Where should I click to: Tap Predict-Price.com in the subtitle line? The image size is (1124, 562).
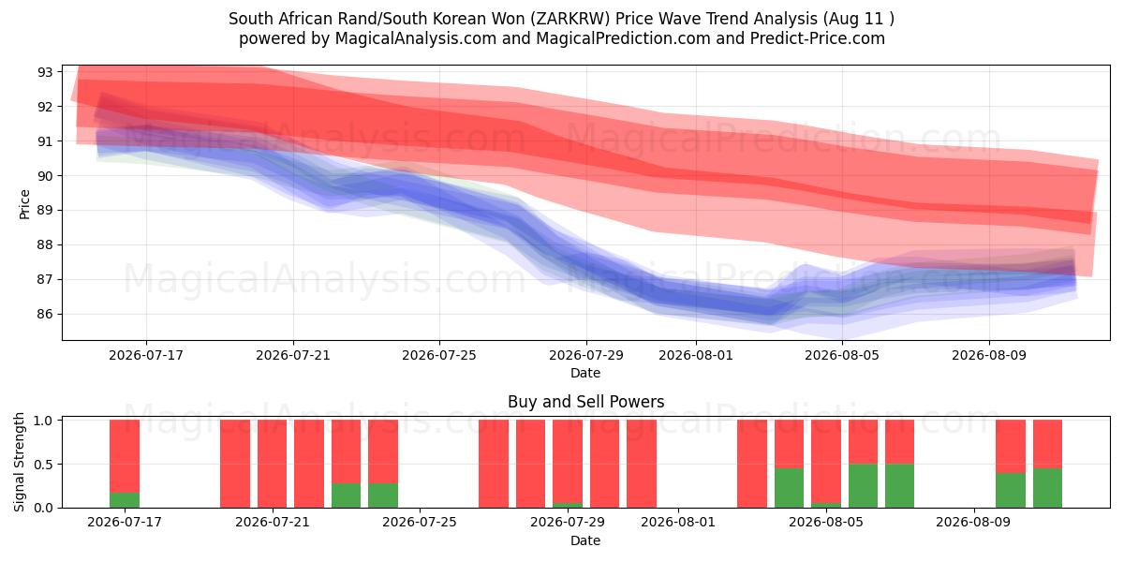pyautogui.click(x=818, y=38)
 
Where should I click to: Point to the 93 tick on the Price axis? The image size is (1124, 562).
pyautogui.click(x=45, y=72)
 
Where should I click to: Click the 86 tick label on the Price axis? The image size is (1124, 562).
pyautogui.click(x=45, y=315)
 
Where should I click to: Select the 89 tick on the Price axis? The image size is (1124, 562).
pyautogui.click(x=45, y=211)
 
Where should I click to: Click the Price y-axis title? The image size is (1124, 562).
pyautogui.click(x=24, y=204)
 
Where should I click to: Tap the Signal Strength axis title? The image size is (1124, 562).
pyautogui.click(x=19, y=462)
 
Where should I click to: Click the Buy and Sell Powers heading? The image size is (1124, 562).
pyautogui.click(x=585, y=402)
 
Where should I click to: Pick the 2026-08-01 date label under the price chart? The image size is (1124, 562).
pyautogui.click(x=695, y=356)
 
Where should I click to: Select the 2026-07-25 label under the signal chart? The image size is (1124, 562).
pyautogui.click(x=420, y=523)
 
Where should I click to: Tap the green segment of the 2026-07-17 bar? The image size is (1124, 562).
pyautogui.click(x=125, y=500)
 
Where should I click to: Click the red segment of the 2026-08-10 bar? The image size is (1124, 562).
pyautogui.click(x=1011, y=447)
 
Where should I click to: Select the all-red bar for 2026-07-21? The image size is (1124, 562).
pyautogui.click(x=272, y=464)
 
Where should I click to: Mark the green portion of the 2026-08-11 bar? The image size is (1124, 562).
pyautogui.click(x=1048, y=488)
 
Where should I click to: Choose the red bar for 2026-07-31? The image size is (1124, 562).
pyautogui.click(x=642, y=464)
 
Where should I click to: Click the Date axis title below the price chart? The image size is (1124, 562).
pyautogui.click(x=585, y=374)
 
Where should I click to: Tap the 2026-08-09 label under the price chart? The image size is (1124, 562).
pyautogui.click(x=989, y=356)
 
